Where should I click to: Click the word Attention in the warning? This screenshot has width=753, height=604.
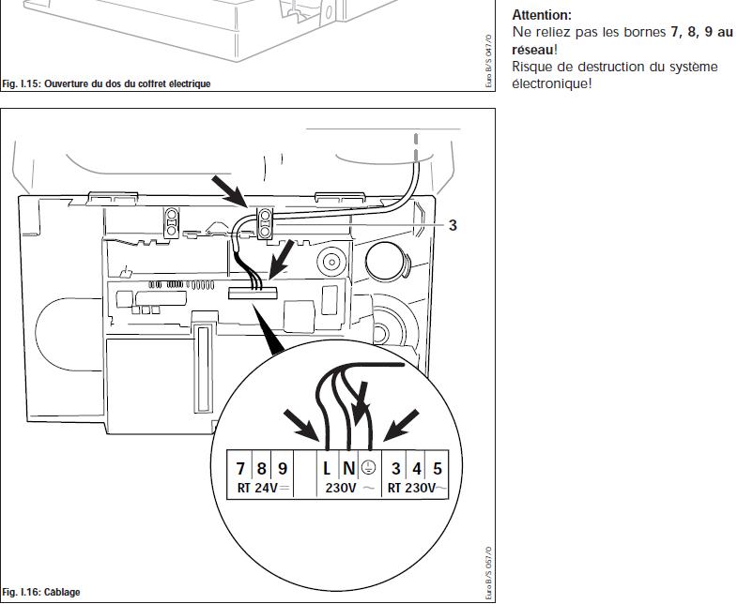point(541,16)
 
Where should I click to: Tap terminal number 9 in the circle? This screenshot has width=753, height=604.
point(282,467)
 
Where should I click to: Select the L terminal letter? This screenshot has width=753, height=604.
point(327,467)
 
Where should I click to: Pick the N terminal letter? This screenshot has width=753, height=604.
point(348,467)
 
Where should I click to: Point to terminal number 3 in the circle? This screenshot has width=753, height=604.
point(397,467)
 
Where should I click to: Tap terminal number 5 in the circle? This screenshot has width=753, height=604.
point(438,467)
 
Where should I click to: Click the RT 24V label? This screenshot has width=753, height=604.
point(259,488)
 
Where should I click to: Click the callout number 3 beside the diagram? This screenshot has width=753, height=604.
point(453,225)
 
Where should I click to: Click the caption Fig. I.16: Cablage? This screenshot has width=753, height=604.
point(42,593)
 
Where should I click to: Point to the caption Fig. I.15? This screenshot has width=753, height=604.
point(106,84)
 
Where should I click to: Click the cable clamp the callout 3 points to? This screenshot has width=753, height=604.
point(266,222)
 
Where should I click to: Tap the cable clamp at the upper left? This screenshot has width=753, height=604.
point(173,222)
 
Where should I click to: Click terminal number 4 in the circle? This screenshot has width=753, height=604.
point(418,467)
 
